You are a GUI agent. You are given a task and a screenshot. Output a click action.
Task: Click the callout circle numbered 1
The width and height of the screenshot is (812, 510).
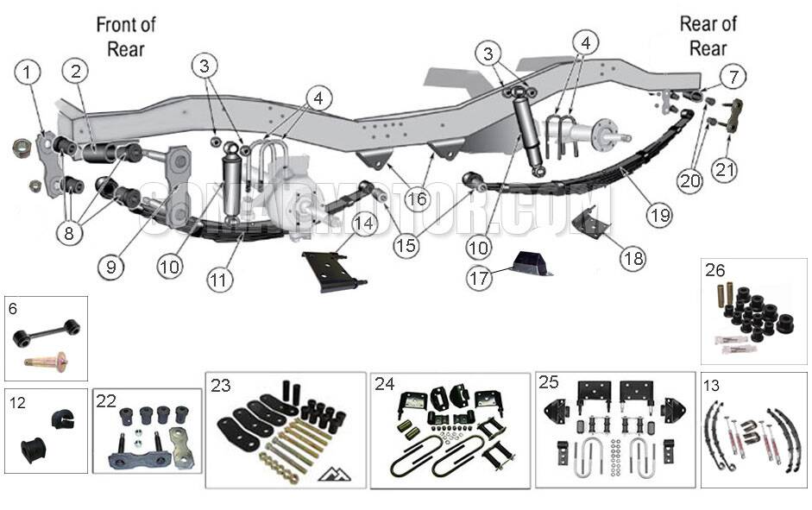[x=28, y=73]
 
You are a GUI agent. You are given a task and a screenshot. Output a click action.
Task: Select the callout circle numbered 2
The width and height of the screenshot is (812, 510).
[x=76, y=73]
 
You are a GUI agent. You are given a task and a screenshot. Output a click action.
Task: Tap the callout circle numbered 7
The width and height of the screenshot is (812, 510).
[x=733, y=77]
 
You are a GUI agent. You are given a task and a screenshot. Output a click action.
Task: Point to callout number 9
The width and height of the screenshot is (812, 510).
[x=111, y=268]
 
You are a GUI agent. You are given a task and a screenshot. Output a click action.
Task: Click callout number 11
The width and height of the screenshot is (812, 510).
[x=221, y=280]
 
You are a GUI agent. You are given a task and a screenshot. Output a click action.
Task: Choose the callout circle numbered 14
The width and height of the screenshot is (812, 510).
[x=364, y=224]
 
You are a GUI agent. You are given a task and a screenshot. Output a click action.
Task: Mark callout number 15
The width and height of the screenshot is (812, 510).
[x=406, y=246]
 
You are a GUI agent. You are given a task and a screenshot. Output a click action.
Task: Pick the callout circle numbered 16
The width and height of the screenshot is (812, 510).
[x=416, y=200]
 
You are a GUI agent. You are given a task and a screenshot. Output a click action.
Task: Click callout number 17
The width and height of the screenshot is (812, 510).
[x=480, y=279]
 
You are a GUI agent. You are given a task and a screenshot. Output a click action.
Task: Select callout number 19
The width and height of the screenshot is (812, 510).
[x=660, y=216]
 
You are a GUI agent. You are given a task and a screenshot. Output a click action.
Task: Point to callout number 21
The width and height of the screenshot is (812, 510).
[x=725, y=170]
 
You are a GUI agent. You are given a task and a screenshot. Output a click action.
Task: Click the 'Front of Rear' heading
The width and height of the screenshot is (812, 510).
[x=126, y=36]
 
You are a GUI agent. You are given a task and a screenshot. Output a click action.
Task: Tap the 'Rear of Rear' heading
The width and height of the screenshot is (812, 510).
[x=708, y=35]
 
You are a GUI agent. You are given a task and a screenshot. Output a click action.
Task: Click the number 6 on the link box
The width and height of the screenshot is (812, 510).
[x=12, y=307]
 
